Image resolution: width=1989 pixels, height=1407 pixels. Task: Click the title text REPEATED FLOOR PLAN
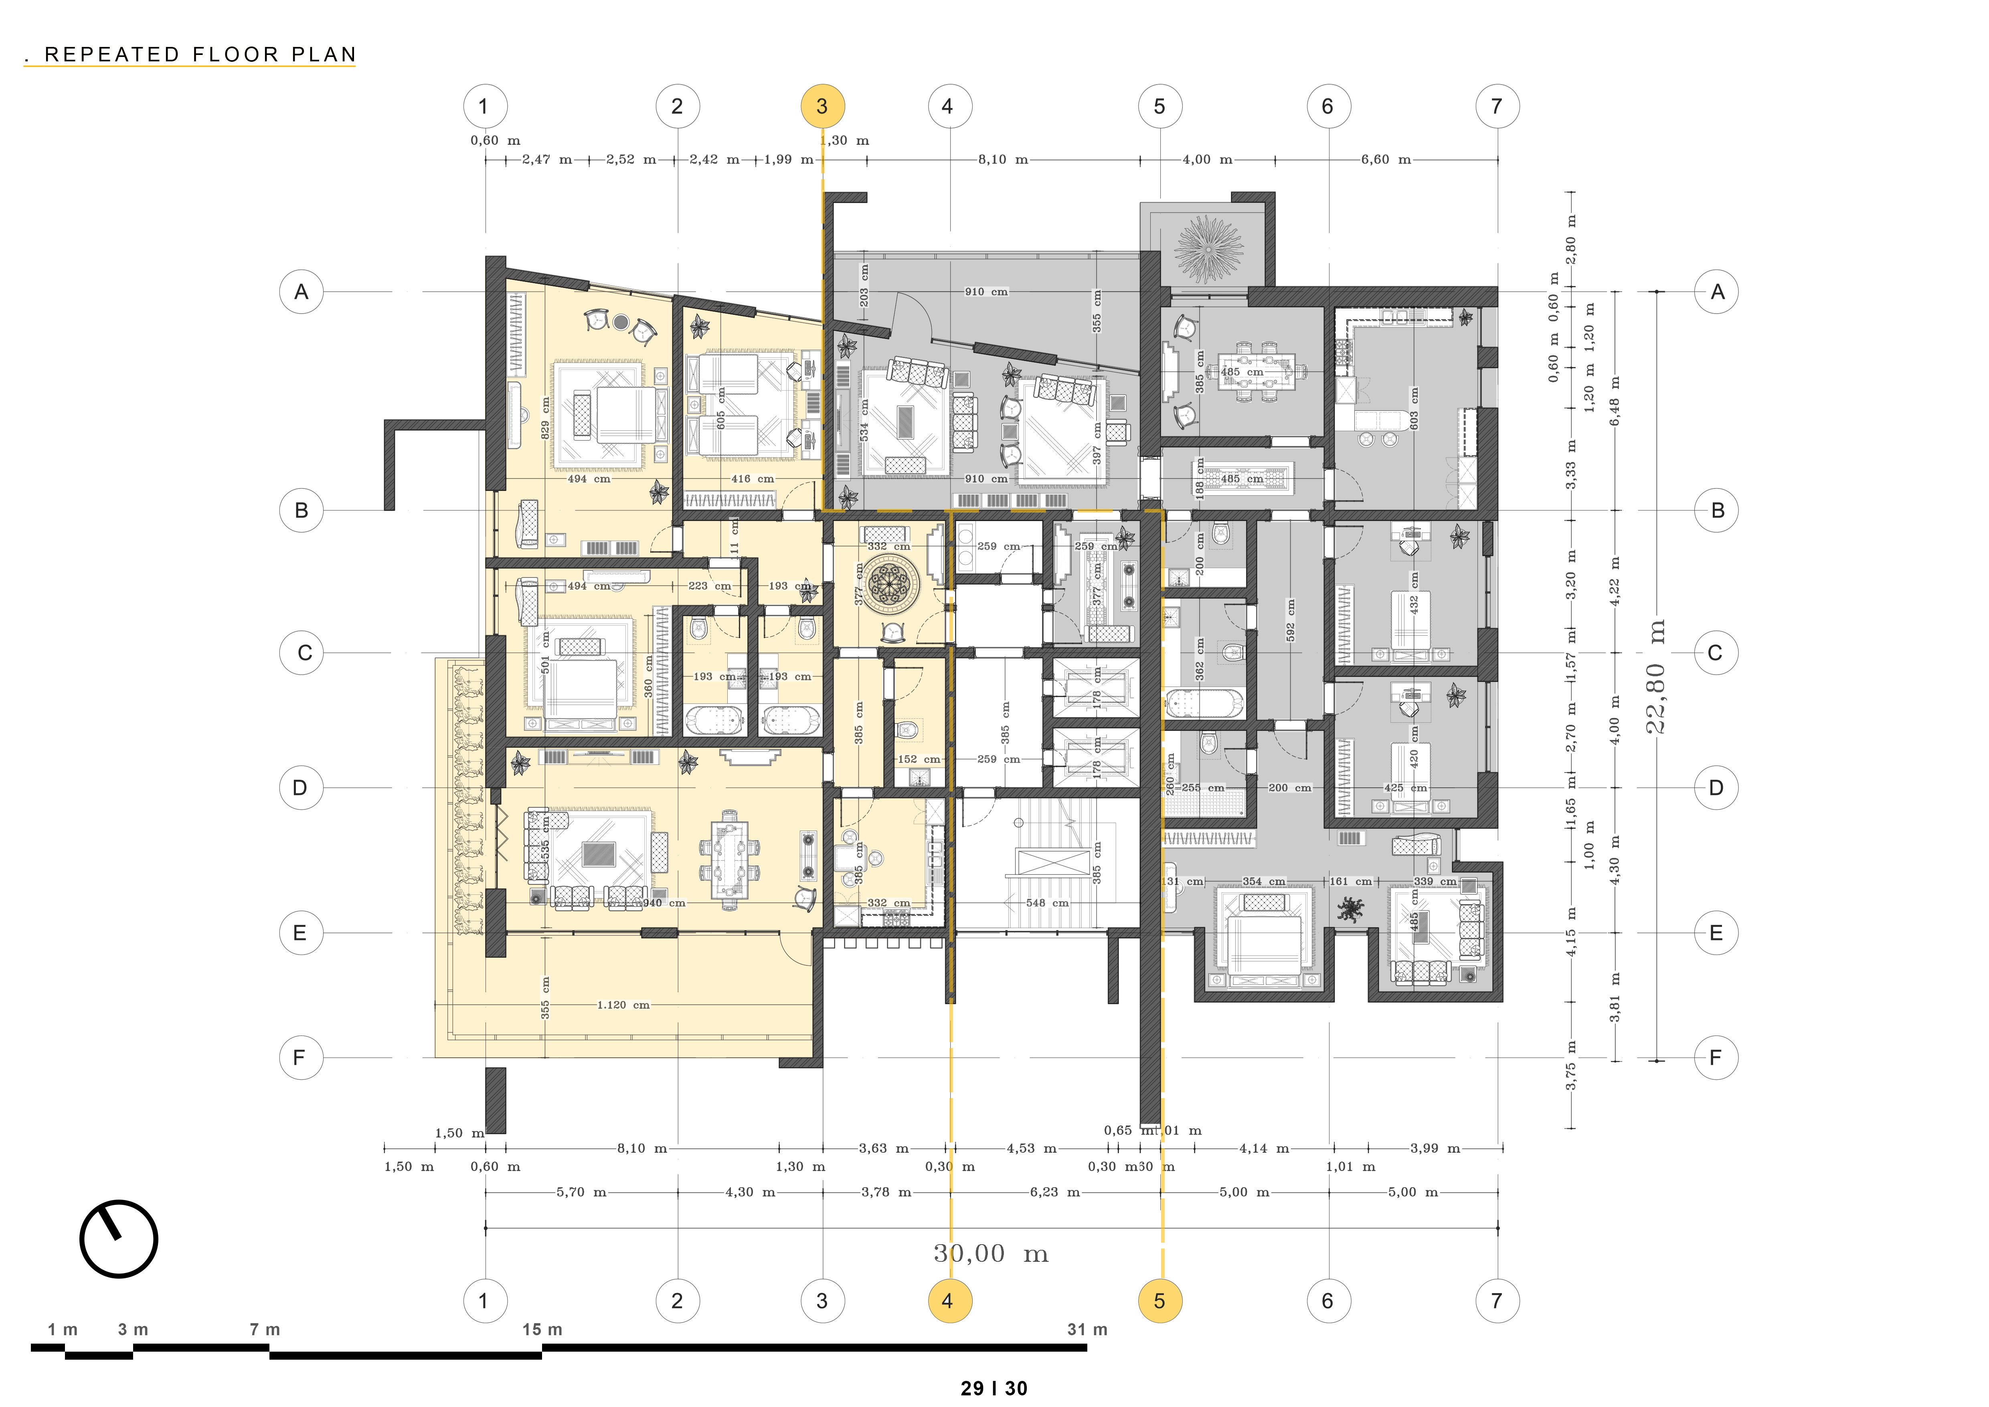point(200,55)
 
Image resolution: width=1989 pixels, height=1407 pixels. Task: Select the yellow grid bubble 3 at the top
point(822,107)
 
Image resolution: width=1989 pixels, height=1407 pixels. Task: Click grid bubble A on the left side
point(301,292)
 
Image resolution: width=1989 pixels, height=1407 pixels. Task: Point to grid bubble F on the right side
point(1715,1058)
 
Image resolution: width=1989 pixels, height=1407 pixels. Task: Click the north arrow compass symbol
point(119,1239)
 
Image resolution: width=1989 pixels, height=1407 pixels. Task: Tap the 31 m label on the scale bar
point(1087,1329)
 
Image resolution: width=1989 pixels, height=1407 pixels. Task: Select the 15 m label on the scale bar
point(542,1329)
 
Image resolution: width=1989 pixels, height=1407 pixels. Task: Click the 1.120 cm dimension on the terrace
point(623,1005)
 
